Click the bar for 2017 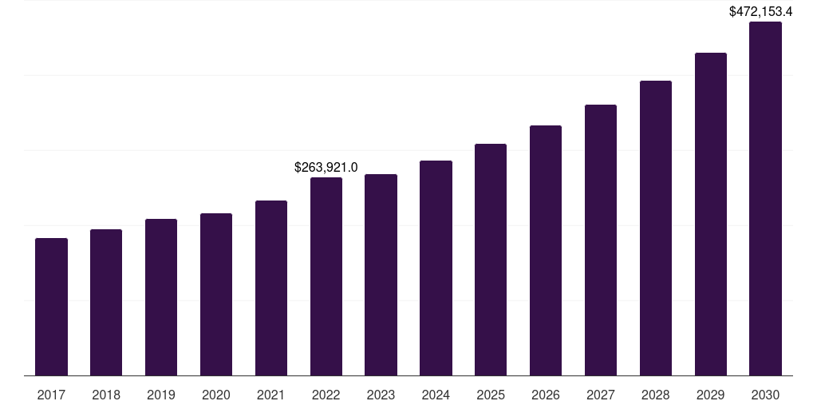[x=51, y=307]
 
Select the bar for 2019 [x=161, y=297]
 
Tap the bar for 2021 [x=271, y=288]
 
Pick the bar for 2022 [x=326, y=276]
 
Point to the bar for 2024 [x=436, y=268]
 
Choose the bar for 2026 [x=546, y=250]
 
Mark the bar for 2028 [x=656, y=228]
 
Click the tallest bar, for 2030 [x=765, y=199]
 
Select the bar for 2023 [x=381, y=275]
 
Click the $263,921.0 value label [x=326, y=168]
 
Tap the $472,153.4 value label [x=760, y=11]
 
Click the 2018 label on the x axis [x=106, y=395]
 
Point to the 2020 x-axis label [x=216, y=395]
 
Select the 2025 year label [x=491, y=395]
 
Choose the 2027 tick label [x=601, y=395]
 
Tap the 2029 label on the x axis [x=711, y=395]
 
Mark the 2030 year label [x=765, y=395]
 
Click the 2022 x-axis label [x=326, y=395]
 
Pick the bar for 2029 [x=711, y=214]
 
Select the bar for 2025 [x=491, y=260]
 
